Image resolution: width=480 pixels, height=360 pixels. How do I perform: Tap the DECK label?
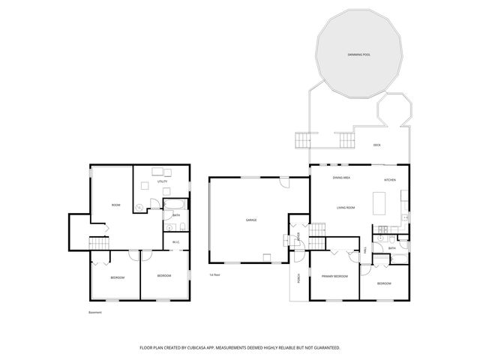tap(377, 144)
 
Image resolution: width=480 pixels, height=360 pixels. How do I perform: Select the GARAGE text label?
tap(251, 220)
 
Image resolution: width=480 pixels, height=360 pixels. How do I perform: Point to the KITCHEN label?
tap(390, 180)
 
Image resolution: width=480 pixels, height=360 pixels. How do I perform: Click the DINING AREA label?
tap(342, 178)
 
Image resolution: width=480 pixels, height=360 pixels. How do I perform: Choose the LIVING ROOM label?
tap(345, 207)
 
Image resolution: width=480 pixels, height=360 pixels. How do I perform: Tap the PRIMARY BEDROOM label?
tap(335, 277)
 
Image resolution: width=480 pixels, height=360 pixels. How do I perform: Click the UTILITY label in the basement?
tap(162, 181)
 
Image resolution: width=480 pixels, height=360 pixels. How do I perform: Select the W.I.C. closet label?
tap(175, 241)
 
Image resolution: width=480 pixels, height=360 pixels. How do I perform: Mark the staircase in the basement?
tap(99, 243)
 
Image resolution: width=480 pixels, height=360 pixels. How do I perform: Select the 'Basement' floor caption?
tap(94, 313)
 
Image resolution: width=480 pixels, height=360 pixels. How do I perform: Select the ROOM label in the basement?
tap(115, 205)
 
